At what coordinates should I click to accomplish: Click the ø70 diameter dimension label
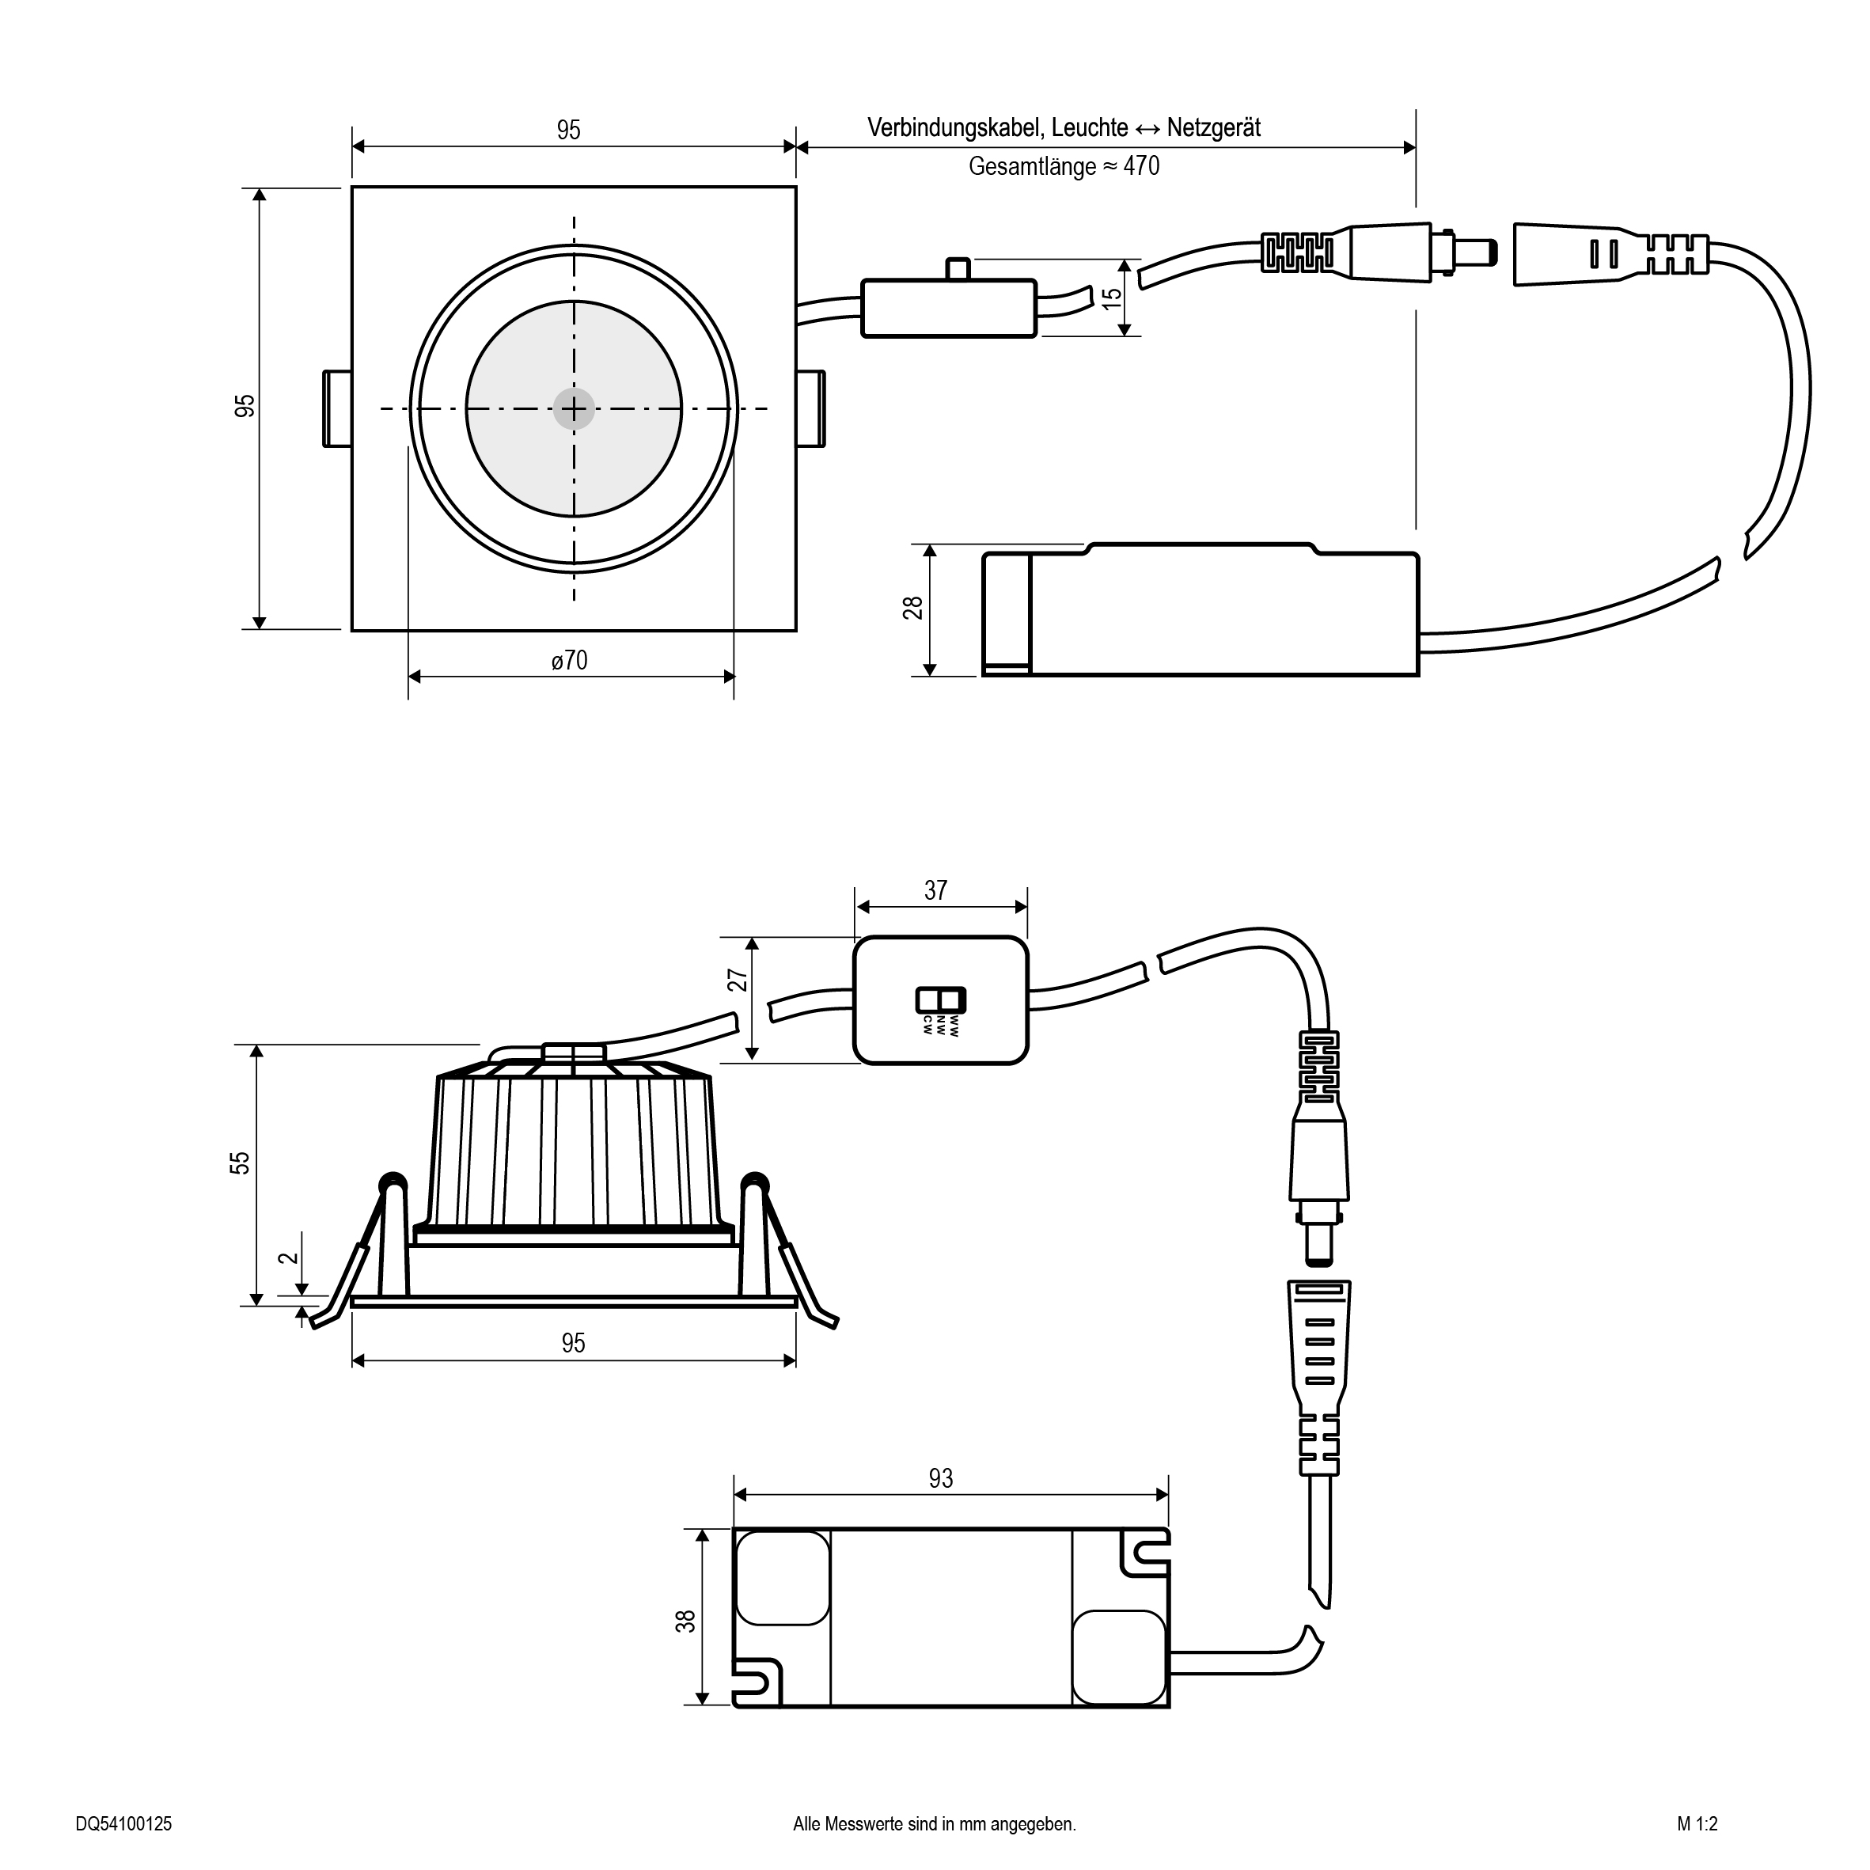(x=569, y=660)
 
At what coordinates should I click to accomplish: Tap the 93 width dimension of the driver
(x=940, y=1478)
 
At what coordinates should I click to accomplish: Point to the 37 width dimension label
(x=935, y=890)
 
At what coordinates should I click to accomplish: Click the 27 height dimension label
(x=738, y=981)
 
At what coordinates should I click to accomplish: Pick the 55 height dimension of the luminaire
(x=239, y=1163)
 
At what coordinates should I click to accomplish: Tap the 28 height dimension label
(x=912, y=608)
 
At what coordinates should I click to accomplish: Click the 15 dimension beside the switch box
(x=1113, y=297)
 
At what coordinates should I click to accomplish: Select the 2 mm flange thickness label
(x=287, y=1257)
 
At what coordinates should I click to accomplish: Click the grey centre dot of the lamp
(x=574, y=409)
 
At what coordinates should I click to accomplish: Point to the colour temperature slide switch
(x=941, y=999)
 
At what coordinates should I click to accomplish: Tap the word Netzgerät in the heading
(x=1214, y=127)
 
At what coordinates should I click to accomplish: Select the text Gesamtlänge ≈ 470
(x=1064, y=166)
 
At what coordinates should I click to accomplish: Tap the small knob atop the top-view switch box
(x=958, y=268)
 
